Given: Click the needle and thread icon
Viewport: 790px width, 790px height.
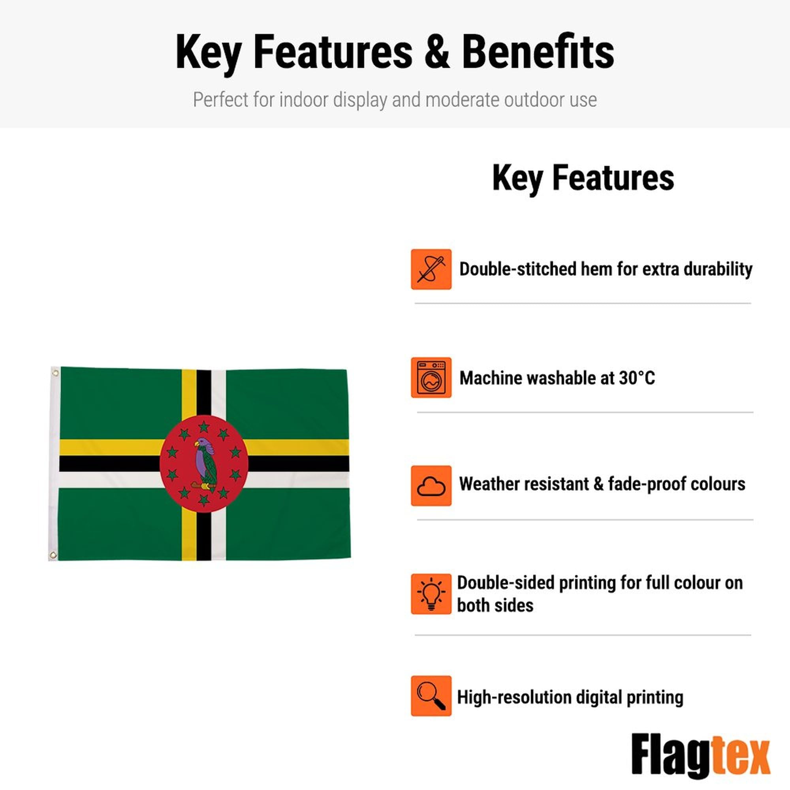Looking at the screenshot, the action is [x=431, y=269].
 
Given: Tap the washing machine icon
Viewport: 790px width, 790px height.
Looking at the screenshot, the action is [x=431, y=377].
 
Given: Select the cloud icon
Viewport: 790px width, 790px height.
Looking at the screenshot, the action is [x=431, y=485].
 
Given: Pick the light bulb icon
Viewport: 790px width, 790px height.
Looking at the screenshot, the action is [x=431, y=594].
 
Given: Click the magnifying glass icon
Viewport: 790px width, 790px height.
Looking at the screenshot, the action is [x=431, y=696].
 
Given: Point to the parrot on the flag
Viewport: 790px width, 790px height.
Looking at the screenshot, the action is [x=205, y=464].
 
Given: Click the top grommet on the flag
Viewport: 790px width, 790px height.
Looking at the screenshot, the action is [x=55, y=372].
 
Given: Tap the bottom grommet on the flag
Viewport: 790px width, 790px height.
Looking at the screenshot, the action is [x=53, y=555].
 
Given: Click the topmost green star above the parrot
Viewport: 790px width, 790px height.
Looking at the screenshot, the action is [x=204, y=427].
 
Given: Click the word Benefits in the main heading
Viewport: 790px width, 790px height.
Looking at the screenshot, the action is [x=538, y=53].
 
